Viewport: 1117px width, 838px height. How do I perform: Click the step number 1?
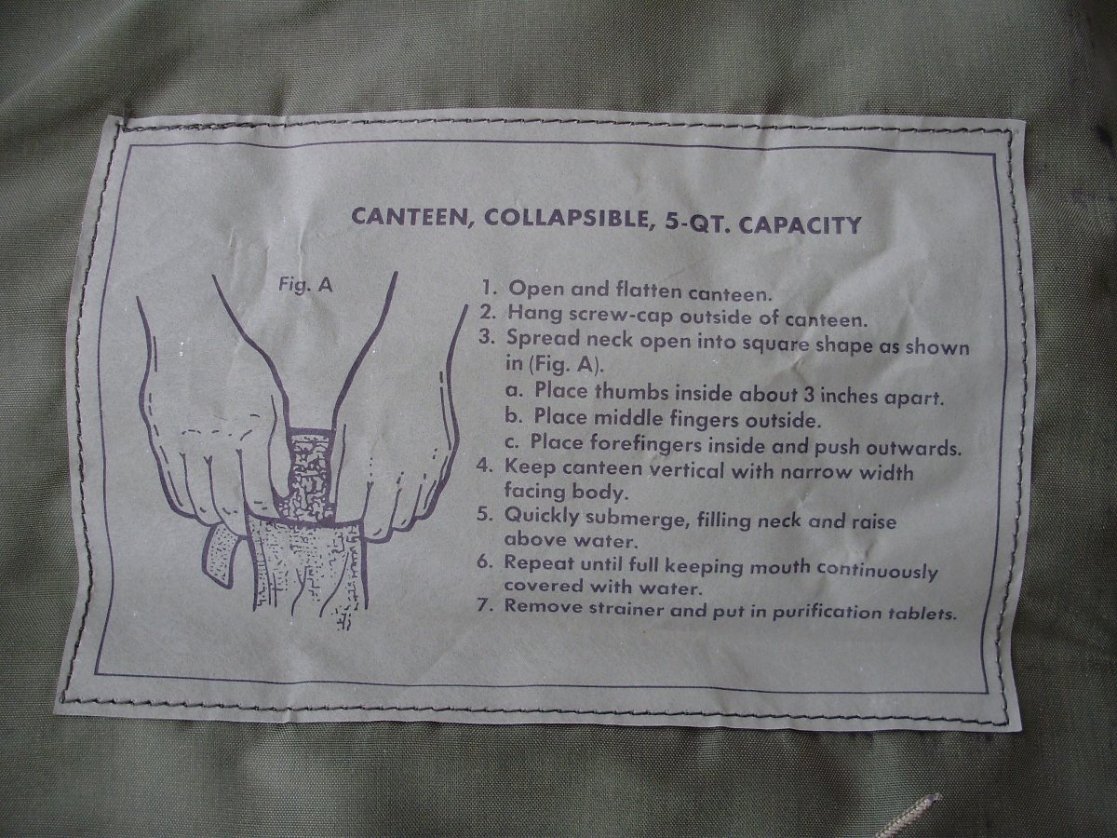489,289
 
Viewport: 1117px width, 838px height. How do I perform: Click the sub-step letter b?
512,417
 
